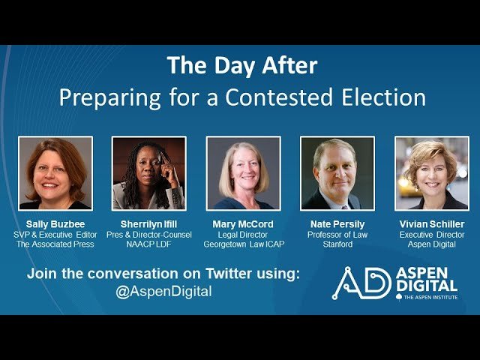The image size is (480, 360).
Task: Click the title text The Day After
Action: (x=242, y=65)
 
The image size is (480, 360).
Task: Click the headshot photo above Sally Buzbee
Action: (x=55, y=172)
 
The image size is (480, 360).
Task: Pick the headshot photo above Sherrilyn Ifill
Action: (x=148, y=172)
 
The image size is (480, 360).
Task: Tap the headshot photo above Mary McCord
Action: (x=243, y=172)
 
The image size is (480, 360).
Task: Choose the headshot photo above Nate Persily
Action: (x=337, y=172)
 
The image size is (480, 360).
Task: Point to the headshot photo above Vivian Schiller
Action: (x=431, y=172)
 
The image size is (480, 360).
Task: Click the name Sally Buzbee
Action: (x=55, y=224)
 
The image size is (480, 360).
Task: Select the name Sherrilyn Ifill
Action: (x=148, y=224)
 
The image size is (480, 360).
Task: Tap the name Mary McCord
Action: (x=243, y=224)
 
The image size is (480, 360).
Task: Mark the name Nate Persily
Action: (x=337, y=224)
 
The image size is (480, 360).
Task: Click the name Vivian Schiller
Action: (x=431, y=224)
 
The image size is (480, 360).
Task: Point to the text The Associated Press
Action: (x=55, y=244)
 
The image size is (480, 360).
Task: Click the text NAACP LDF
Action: (x=148, y=244)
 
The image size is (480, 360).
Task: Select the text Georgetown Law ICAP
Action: (x=243, y=244)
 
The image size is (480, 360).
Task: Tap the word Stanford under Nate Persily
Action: (x=337, y=244)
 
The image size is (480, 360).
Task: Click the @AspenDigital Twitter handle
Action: (x=163, y=291)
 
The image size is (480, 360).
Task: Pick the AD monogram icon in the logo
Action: (x=362, y=282)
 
